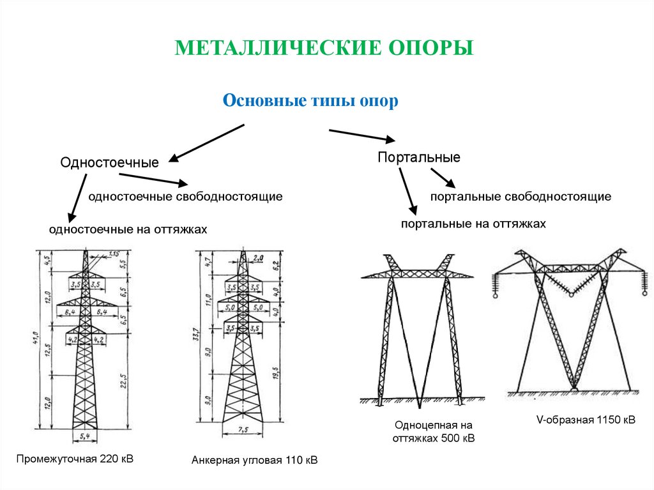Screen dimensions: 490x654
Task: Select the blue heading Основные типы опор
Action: [310, 102]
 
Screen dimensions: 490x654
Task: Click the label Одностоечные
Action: [109, 163]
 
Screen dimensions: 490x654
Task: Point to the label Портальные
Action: [418, 157]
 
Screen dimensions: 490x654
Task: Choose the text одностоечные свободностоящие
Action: [185, 197]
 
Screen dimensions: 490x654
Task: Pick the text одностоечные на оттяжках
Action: [128, 229]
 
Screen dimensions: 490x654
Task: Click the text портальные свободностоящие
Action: [521, 197]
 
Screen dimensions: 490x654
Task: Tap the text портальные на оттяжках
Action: [473, 224]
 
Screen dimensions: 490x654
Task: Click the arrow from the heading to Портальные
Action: [361, 135]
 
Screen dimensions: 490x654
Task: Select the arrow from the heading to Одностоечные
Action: [206, 142]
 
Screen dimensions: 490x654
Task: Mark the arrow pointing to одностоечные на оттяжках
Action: [77, 198]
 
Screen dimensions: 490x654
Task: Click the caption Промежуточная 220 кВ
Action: [75, 459]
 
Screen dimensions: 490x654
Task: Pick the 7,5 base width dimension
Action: [242, 430]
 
